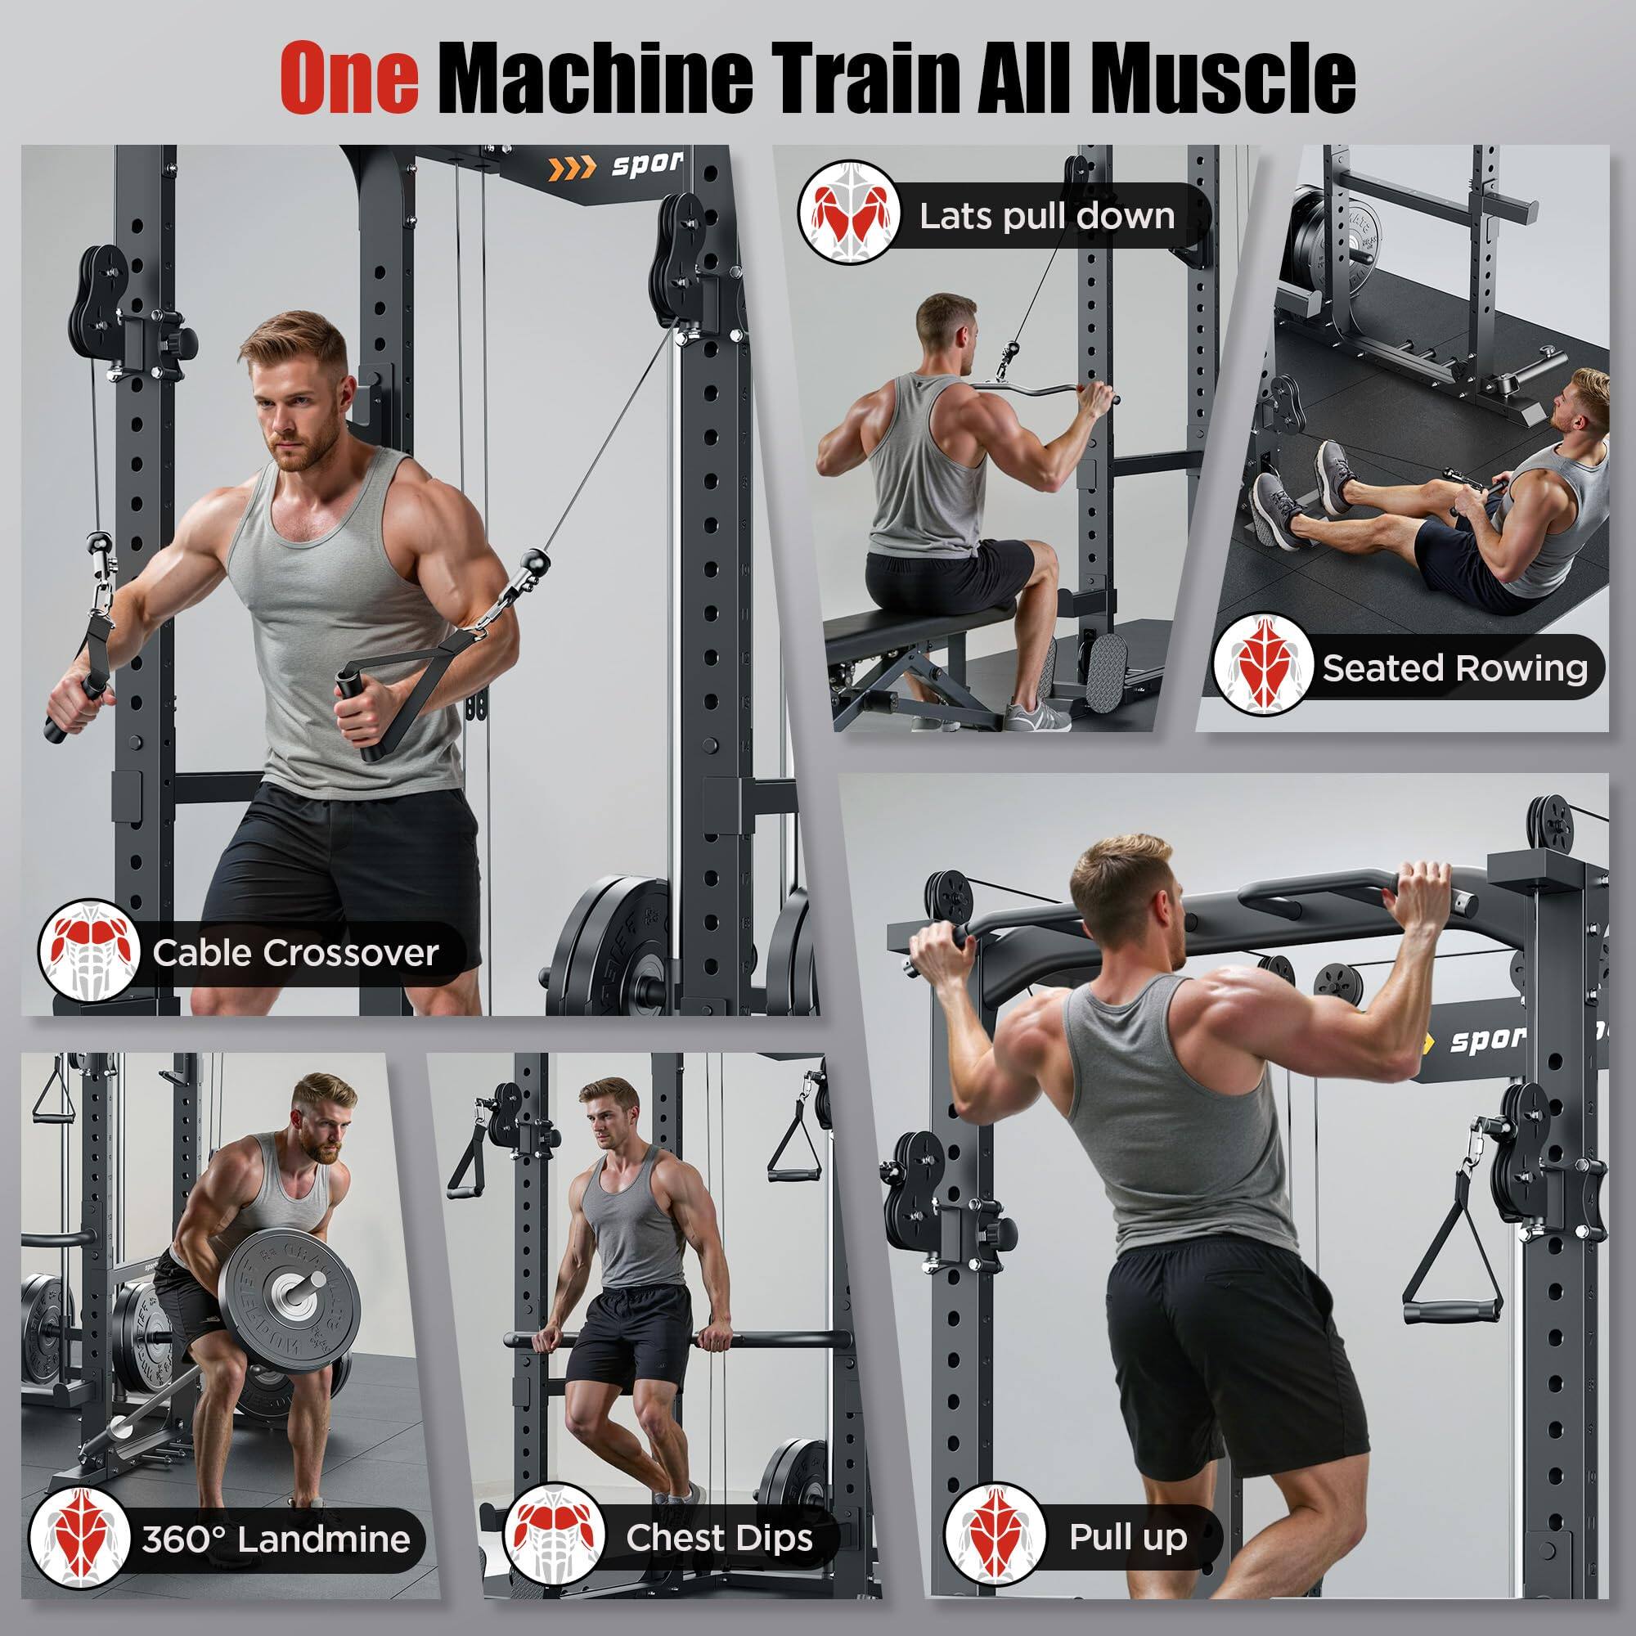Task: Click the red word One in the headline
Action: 349,78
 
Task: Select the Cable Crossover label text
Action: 295,953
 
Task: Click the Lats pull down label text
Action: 1047,217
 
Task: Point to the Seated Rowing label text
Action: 1454,668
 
